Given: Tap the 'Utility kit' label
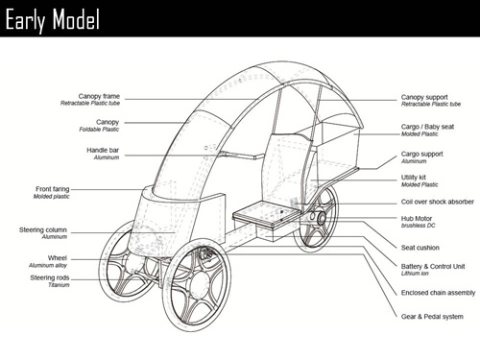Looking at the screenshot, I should pyautogui.click(x=415, y=178).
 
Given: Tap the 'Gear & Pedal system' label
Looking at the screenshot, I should pyautogui.click(x=431, y=316).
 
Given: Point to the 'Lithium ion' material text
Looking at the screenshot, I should pyautogui.click(x=415, y=273).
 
